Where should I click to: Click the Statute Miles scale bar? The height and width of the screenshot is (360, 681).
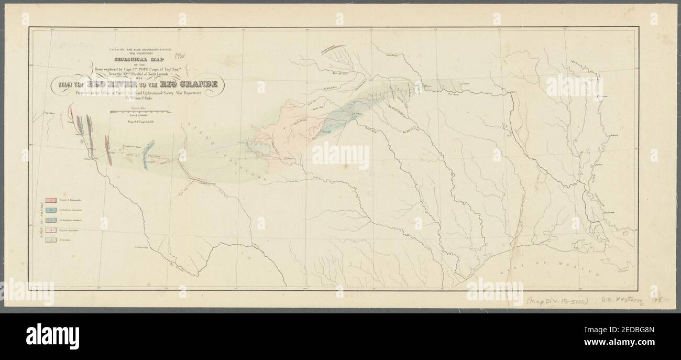(141, 113)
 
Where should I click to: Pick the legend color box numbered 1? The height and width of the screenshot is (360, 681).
(51, 200)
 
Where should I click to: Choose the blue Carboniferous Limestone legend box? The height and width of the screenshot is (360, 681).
(51, 210)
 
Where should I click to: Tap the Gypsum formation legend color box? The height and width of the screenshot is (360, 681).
(51, 229)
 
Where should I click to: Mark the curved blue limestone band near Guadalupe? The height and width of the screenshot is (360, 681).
(148, 154)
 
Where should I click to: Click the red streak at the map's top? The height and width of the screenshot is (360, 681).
(333, 48)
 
